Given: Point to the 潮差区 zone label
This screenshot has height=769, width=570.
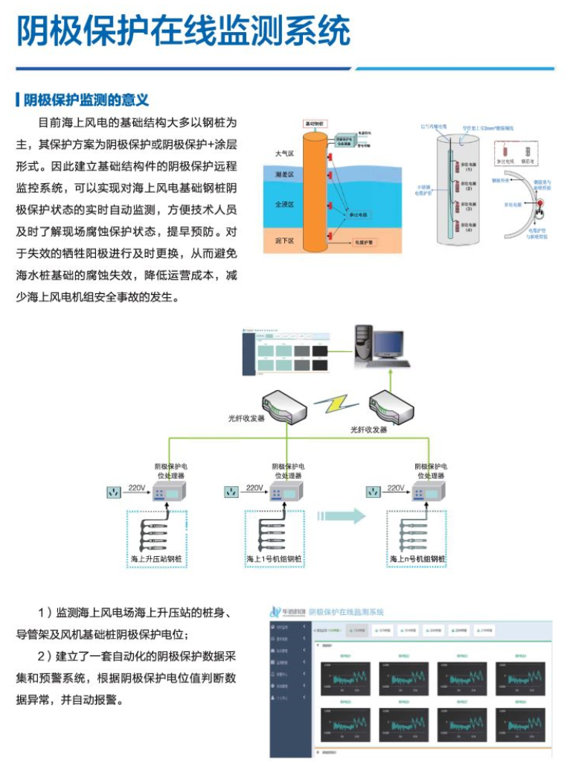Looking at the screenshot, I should click(284, 176).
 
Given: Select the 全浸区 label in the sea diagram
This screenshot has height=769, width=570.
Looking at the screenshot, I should click(284, 203).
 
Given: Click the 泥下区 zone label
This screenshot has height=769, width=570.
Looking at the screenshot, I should click(284, 241).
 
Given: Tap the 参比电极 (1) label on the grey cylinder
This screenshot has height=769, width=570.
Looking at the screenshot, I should click(468, 167).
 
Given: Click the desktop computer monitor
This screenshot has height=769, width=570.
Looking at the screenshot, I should click(388, 344).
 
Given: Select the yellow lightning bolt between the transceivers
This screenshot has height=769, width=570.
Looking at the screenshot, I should click(336, 405).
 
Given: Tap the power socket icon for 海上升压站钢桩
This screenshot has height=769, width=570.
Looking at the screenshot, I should click(114, 492).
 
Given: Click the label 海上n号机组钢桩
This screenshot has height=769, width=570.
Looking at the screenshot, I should click(417, 559).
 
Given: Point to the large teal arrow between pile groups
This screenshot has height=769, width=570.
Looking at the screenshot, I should click(342, 516).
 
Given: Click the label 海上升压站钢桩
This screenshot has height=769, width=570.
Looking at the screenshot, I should click(157, 559).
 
